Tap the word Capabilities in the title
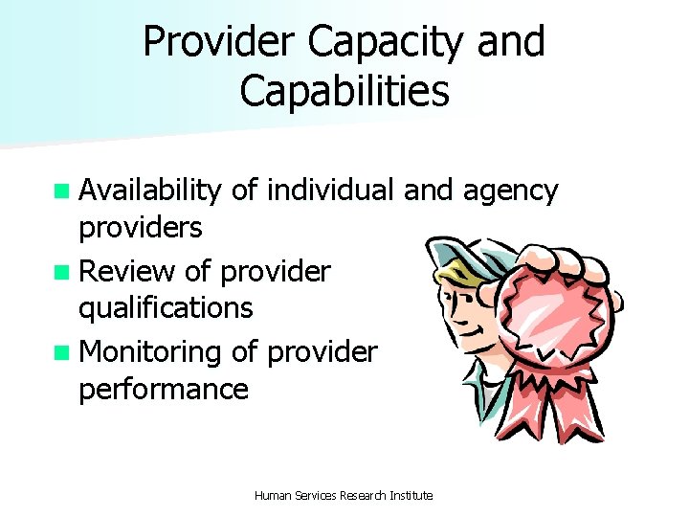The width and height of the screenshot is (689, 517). (x=344, y=92)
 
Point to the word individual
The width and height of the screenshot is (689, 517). (x=331, y=191)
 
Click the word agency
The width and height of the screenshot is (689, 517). (x=510, y=191)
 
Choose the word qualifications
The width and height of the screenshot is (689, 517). (x=166, y=307)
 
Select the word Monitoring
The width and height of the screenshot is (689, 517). (x=150, y=352)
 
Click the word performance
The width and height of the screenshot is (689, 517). (x=164, y=389)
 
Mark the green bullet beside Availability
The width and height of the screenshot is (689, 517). (x=62, y=191)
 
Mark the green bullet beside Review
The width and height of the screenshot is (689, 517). (x=62, y=272)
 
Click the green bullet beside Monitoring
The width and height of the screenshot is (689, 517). (x=62, y=352)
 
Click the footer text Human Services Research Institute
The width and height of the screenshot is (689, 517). (x=344, y=495)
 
